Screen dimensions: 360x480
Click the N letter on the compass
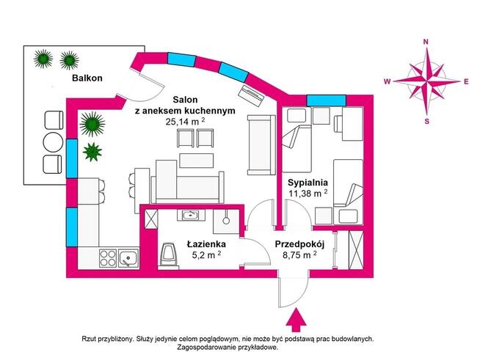pos(426,43)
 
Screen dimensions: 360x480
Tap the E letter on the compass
pos(466,82)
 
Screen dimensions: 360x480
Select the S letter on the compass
pos(426,121)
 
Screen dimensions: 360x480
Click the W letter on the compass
pos(387,82)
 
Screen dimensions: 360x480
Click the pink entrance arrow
pos(297,320)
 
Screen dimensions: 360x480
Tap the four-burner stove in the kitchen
pos(109,257)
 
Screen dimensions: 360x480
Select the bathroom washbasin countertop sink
pos(190,215)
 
